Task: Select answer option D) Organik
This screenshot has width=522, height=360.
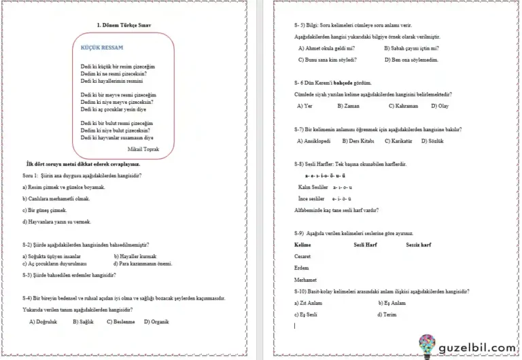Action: pyautogui.click(x=156, y=321)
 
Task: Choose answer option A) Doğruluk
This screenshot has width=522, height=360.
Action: pyautogui.click(x=44, y=321)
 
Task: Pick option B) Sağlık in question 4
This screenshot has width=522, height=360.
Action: pyautogui.click(x=83, y=321)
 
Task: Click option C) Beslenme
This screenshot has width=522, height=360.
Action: pyautogui.click(x=119, y=321)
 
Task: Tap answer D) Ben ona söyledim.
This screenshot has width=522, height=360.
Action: pyautogui.click(x=411, y=59)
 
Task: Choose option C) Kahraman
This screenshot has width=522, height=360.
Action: pyautogui.click(x=403, y=106)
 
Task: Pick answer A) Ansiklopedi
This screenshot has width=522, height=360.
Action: pyautogui.click(x=314, y=141)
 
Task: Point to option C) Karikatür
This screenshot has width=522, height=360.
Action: pyautogui.click(x=398, y=141)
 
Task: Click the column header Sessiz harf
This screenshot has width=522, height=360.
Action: pyautogui.click(x=419, y=244)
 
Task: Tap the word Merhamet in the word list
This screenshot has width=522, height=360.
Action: pyautogui.click(x=305, y=279)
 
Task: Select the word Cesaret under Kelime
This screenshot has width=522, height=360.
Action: pyautogui.click(x=302, y=256)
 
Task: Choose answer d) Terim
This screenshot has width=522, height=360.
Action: pyautogui.click(x=389, y=314)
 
